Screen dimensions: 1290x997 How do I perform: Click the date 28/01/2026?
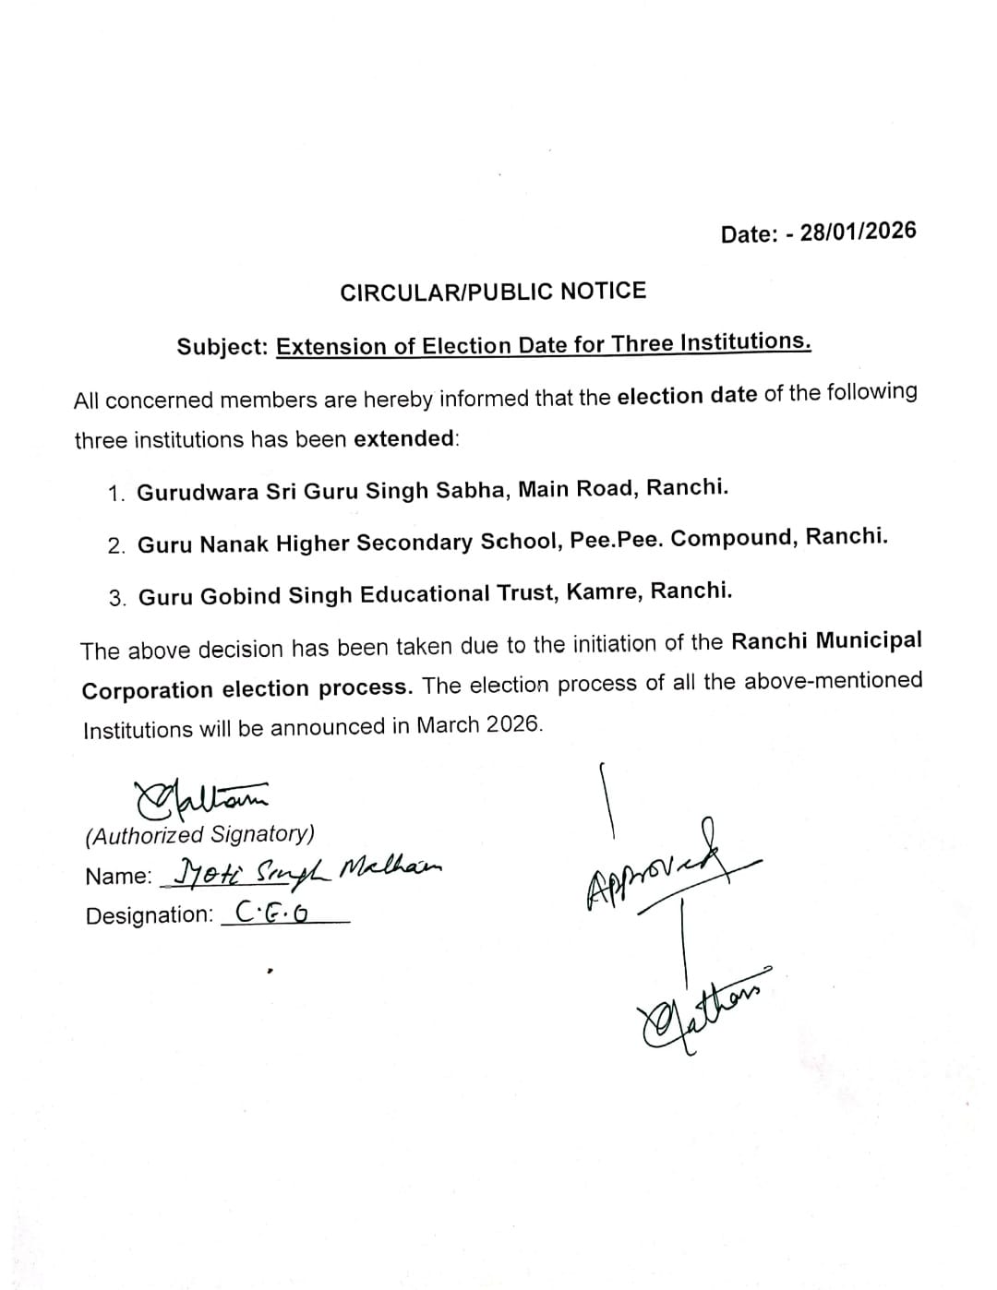click(x=858, y=232)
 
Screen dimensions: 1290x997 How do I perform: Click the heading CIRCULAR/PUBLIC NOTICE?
click(x=493, y=292)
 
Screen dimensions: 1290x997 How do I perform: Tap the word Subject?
click(x=222, y=347)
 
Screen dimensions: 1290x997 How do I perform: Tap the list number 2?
click(x=116, y=546)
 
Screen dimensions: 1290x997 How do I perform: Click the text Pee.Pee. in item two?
click(x=617, y=540)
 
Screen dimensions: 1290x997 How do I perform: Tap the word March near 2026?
click(x=449, y=725)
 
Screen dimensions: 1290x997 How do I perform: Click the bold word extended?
click(x=403, y=438)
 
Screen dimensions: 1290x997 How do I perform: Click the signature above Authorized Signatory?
click(x=199, y=796)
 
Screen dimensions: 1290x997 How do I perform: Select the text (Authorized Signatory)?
click(x=199, y=835)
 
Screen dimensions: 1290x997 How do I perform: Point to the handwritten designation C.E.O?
click(x=271, y=913)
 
